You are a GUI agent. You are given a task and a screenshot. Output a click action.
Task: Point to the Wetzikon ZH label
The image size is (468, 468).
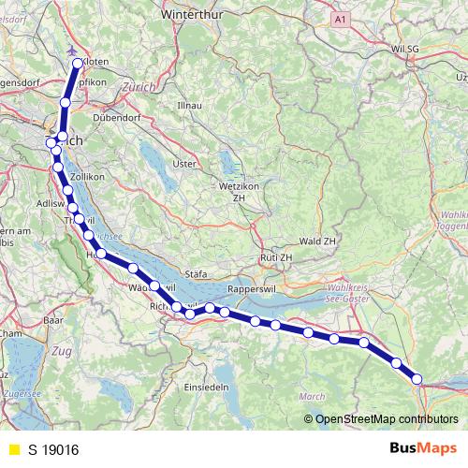pos(238,192)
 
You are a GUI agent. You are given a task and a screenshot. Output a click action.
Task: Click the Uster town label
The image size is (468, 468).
pos(185,164)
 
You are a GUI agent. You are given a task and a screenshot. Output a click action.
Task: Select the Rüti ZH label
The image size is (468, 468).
pos(276,257)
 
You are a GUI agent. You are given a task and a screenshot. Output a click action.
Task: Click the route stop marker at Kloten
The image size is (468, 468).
pos(79,64)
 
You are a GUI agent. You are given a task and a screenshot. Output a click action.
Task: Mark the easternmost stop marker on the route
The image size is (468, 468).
pos(417,379)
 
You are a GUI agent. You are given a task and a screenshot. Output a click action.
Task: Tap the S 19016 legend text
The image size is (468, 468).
pos(53,450)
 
